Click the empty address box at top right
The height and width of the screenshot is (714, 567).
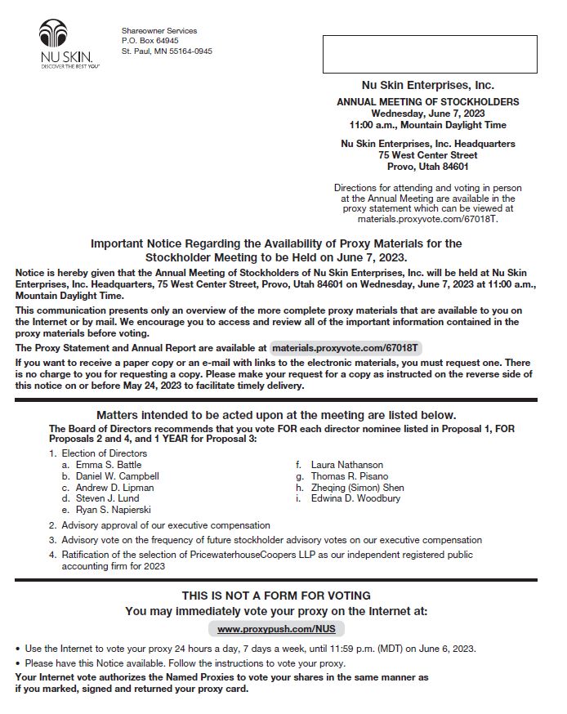[429, 54]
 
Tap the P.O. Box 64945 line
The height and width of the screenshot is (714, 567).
[150, 41]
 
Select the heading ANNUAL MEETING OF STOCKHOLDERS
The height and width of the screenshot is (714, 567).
[427, 102]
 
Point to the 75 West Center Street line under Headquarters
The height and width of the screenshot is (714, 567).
[427, 155]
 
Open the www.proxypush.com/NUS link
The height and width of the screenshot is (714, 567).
[276, 629]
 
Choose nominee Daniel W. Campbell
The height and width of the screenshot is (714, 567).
[118, 476]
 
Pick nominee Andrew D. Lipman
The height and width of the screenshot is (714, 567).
[114, 488]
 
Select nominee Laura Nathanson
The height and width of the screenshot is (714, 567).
[347, 465]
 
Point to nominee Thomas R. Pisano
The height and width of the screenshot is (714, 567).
[350, 476]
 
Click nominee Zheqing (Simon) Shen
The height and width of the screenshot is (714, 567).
[357, 488]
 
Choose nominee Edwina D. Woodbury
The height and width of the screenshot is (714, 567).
[355, 498]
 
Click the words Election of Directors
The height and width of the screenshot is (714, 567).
[105, 453]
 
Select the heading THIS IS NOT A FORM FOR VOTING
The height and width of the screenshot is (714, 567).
[276, 596]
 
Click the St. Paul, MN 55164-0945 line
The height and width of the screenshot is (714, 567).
[167, 51]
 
